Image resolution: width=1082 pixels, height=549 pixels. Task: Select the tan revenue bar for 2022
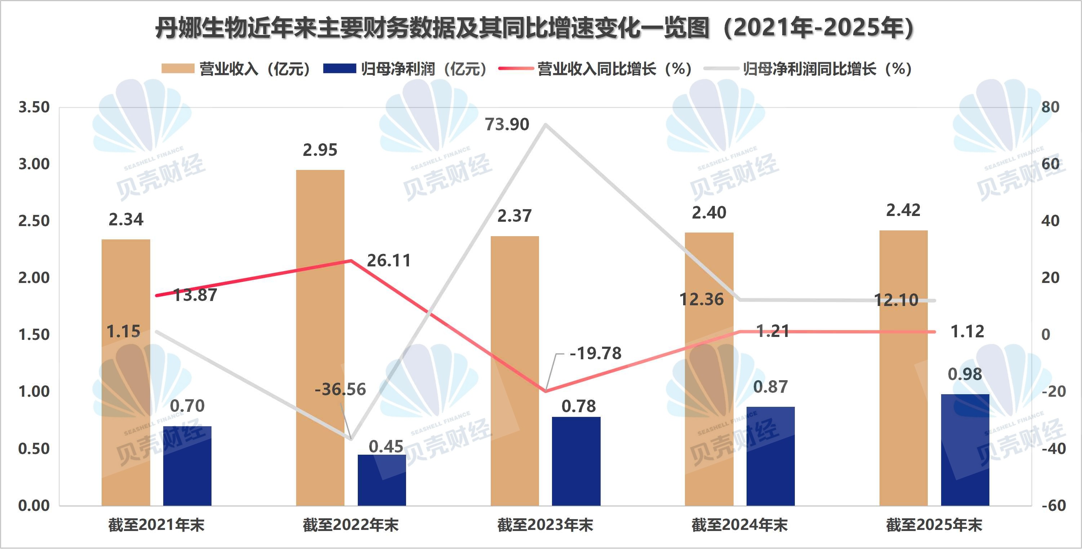[x=320, y=336]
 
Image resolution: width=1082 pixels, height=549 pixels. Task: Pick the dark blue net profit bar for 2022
[x=382, y=480]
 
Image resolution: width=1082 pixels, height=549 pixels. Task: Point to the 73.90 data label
[x=507, y=125]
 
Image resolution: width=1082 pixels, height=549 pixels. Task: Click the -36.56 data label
[x=340, y=390]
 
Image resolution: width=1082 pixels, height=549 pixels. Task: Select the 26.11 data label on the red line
[x=389, y=261]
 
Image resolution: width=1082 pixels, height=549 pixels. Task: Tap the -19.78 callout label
[x=595, y=354]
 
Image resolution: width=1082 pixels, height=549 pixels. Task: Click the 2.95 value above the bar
[x=320, y=150]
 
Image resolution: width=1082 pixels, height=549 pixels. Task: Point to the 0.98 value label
[x=965, y=374]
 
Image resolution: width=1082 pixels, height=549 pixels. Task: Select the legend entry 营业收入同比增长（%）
[x=595, y=69]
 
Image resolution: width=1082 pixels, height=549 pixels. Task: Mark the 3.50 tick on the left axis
[x=34, y=107]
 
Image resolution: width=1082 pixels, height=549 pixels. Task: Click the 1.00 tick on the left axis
[x=34, y=392]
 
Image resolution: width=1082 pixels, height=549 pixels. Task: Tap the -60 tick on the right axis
[x=1054, y=505]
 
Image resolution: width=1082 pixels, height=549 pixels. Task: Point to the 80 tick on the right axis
[x=1050, y=107]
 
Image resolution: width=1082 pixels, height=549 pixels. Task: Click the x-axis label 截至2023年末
[x=545, y=525]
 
